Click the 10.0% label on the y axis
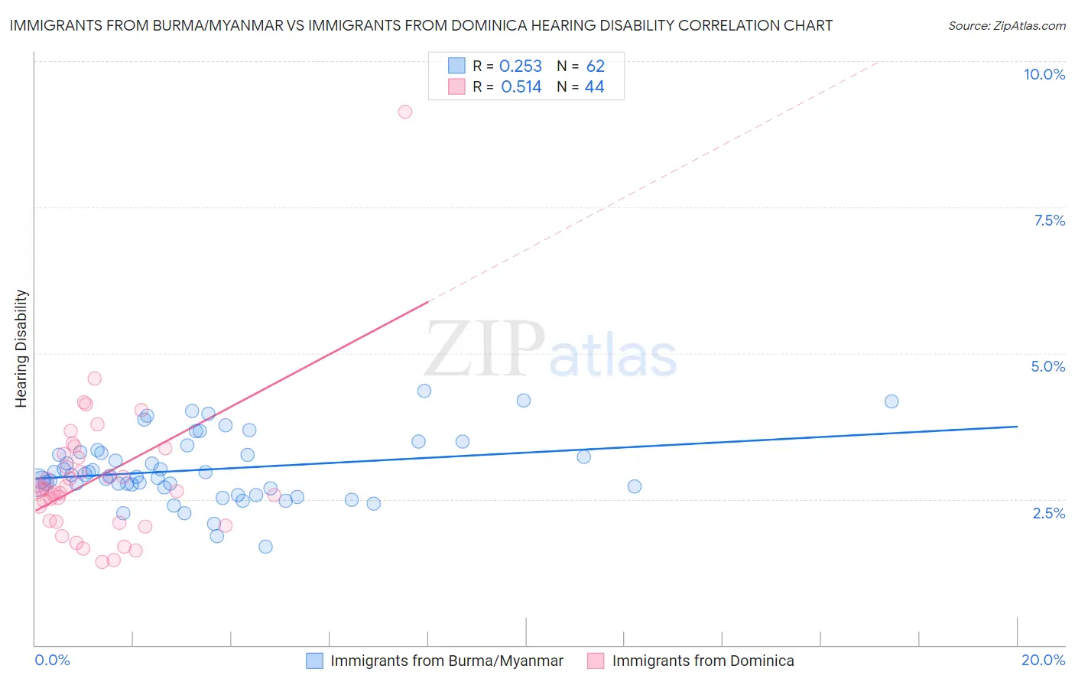tap(1044, 74)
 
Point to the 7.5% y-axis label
tap(1049, 220)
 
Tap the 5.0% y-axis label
tap(1047, 366)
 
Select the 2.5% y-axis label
tap(1048, 513)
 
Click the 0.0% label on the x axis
tap(52, 660)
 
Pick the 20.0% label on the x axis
tap(1043, 660)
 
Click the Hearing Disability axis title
tap(21, 349)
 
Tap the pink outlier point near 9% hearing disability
tap(405, 112)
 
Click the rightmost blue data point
tap(892, 401)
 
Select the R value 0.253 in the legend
tap(520, 67)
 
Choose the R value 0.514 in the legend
tap(521, 87)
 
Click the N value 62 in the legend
tap(595, 67)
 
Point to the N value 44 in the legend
tap(594, 87)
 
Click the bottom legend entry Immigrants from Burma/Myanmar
tap(447, 661)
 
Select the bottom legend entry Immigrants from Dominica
tap(703, 661)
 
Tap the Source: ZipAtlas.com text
tap(1006, 26)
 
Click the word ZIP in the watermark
tap(484, 350)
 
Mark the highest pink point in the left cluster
tap(95, 378)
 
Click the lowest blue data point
tap(265, 547)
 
